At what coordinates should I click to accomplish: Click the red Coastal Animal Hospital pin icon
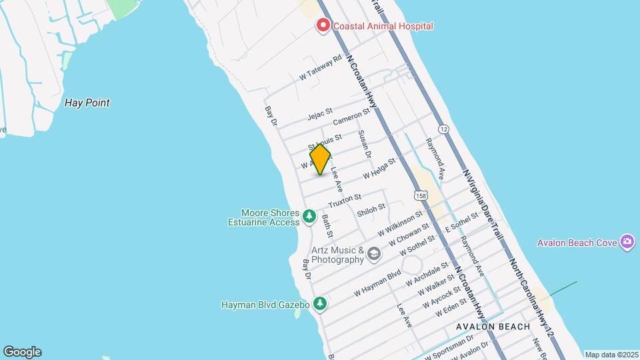tap(323, 26)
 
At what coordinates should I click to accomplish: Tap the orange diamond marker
tap(321, 159)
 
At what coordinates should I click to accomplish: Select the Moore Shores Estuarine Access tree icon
tap(309, 216)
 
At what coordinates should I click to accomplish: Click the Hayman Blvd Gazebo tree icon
tap(321, 304)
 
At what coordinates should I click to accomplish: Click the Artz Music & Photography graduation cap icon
tap(374, 253)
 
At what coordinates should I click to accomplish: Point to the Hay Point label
tap(87, 103)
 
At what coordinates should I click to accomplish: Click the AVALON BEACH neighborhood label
tap(493, 327)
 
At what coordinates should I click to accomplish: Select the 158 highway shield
tap(420, 195)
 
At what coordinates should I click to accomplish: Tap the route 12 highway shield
tap(443, 127)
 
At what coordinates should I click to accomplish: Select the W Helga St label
tap(379, 167)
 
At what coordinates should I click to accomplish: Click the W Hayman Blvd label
tap(377, 282)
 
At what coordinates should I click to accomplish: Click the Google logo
tap(22, 352)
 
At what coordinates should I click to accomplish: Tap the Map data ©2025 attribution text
tap(611, 355)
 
